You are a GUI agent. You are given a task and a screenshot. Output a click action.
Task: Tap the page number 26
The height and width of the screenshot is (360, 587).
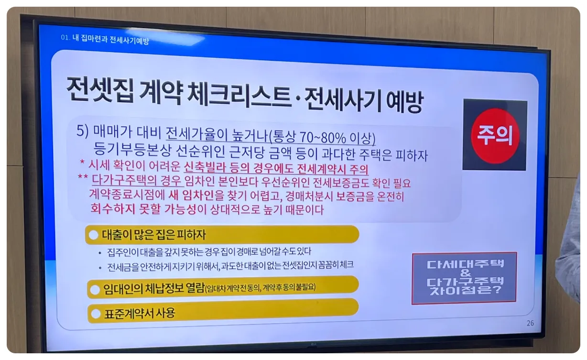point(530,323)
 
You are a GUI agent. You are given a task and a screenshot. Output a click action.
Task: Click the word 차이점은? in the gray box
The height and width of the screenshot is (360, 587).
point(464,290)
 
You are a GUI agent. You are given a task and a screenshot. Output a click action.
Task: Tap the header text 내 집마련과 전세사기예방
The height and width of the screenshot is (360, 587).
point(110,40)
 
